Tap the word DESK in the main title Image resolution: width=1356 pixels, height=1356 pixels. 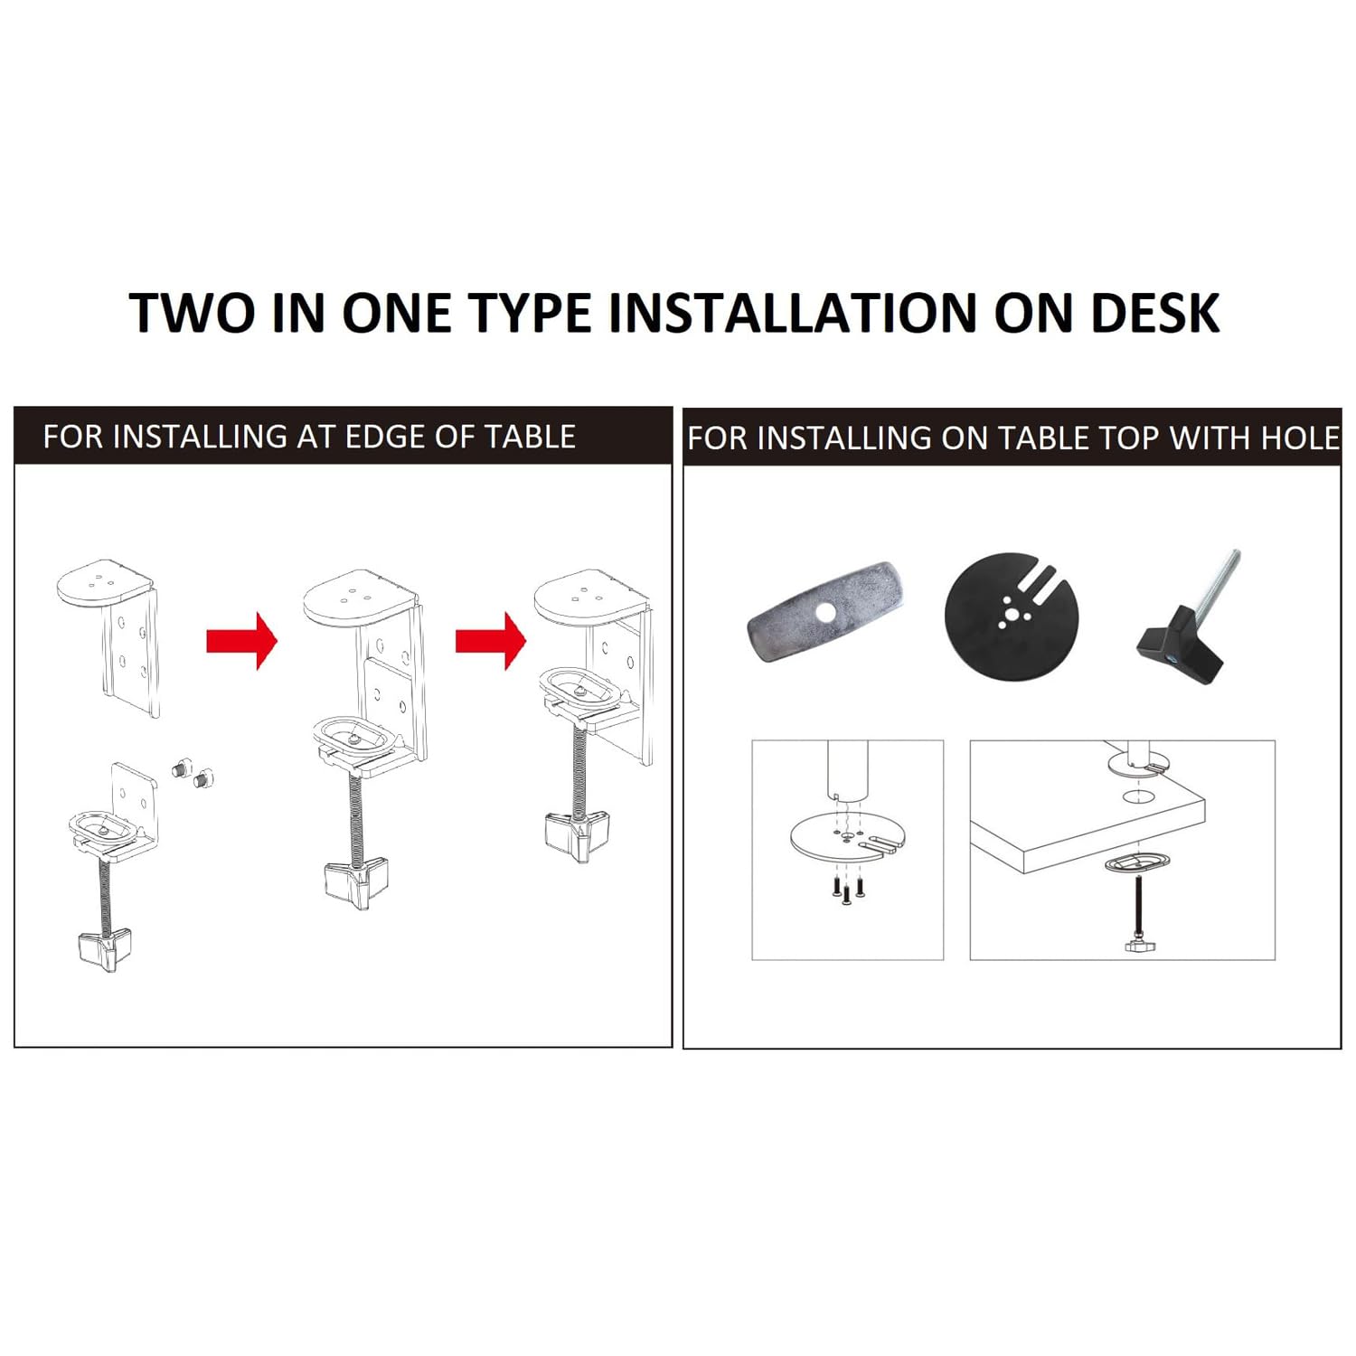click(x=1155, y=313)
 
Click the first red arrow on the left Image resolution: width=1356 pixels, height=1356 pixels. click(x=241, y=640)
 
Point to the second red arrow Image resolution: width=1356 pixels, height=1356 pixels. click(x=490, y=640)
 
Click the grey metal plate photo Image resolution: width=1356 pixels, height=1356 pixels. click(x=824, y=611)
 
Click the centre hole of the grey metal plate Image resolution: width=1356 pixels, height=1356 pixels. click(x=824, y=612)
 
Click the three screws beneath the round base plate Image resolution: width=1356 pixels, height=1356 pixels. click(x=847, y=888)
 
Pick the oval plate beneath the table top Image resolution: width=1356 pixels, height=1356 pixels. click(x=1135, y=863)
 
